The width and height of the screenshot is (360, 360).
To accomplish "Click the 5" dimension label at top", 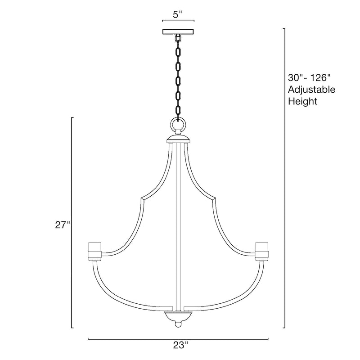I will click(178, 13).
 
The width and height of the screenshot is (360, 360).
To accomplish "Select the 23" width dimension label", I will click(179, 346).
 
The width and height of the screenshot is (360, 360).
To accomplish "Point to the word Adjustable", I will click(311, 89).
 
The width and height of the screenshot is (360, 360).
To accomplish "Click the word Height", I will click(302, 101).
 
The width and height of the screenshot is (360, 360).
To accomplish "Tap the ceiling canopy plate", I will click(178, 32).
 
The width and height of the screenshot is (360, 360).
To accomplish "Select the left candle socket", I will click(94, 250).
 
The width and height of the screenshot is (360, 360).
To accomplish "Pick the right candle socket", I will click(262, 250).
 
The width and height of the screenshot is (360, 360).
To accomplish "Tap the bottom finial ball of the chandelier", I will click(178, 324).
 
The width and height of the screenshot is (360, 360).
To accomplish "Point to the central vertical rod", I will click(178, 225).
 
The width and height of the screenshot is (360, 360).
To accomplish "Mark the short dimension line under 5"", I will click(178, 21).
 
